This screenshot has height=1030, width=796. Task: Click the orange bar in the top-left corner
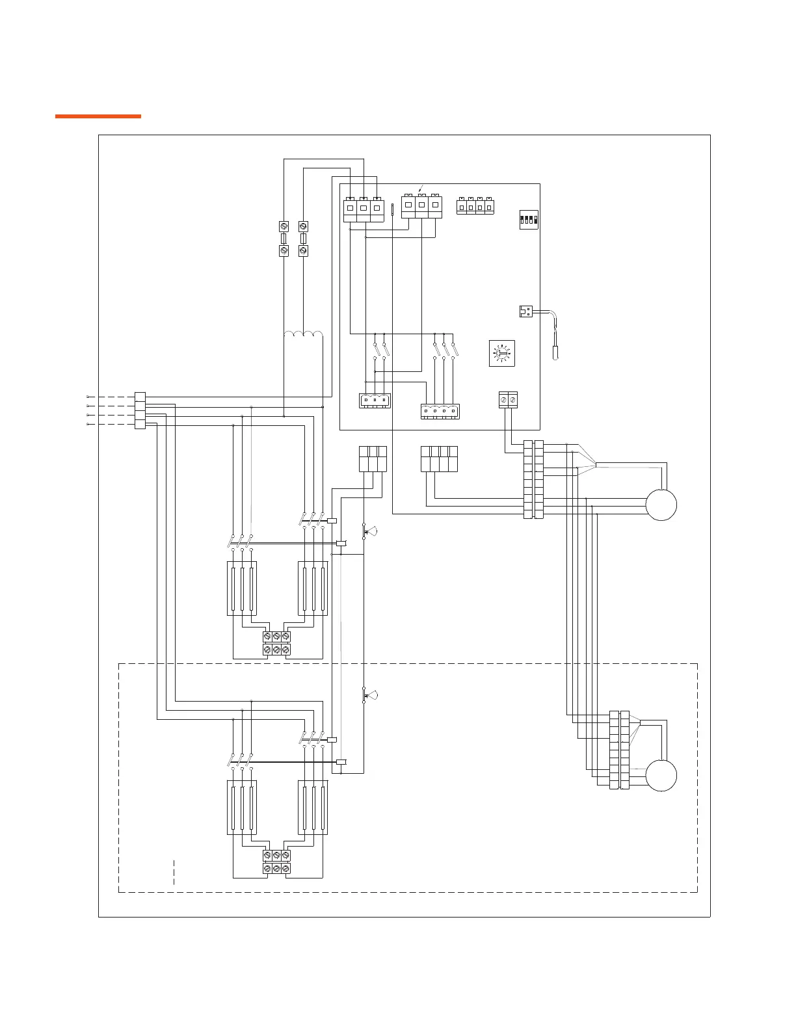click(x=98, y=116)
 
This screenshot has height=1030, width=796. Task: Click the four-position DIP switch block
click(x=528, y=219)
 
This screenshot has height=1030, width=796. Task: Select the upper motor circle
click(x=661, y=505)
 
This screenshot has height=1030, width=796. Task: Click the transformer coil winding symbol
click(x=304, y=335)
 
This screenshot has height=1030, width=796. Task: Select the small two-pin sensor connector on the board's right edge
click(x=526, y=311)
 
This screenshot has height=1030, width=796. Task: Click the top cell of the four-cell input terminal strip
click(x=140, y=396)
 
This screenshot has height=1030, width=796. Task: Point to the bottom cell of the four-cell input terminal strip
click(x=140, y=424)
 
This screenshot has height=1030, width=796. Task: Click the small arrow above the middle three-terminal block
click(x=420, y=189)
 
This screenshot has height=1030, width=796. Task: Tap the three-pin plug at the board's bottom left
click(x=375, y=401)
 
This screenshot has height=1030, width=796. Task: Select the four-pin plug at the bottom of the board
click(x=439, y=411)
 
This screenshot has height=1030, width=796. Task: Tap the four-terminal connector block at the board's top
click(x=475, y=206)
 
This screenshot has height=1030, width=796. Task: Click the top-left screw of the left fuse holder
click(x=284, y=226)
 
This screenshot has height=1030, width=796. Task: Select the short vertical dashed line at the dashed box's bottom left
click(x=174, y=871)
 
